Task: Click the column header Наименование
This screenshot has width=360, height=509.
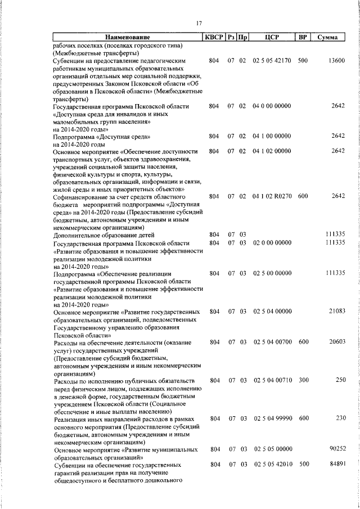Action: (127, 38)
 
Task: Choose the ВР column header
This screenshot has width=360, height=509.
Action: (303, 38)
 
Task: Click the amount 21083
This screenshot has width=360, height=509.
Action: (337, 311)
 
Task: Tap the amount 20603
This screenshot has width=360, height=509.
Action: (337, 342)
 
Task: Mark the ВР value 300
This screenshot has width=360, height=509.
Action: (303, 381)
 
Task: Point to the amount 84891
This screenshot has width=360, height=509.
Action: (337, 465)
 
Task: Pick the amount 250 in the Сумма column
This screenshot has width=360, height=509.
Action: (339, 381)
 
